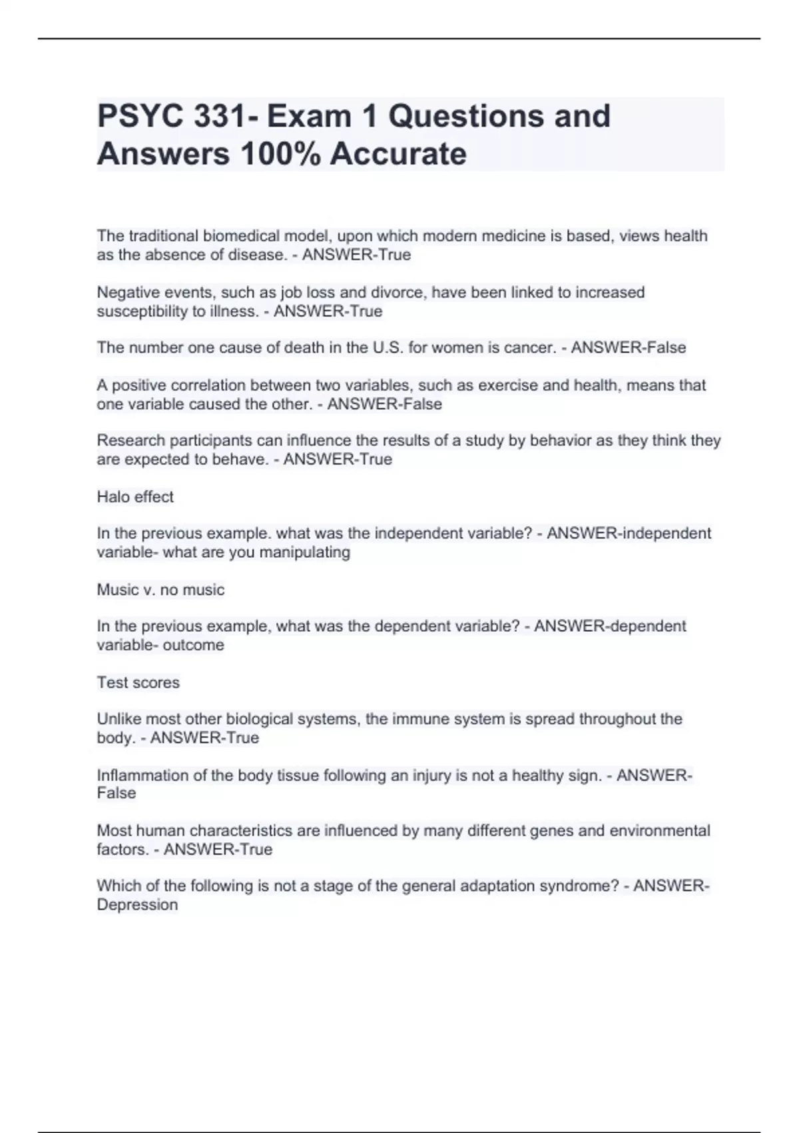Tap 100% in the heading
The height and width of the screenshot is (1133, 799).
click(279, 155)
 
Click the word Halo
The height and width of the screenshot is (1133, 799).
click(111, 497)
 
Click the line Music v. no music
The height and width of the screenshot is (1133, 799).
click(160, 590)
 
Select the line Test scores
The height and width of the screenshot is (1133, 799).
click(138, 682)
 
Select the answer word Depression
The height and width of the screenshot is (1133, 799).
click(137, 905)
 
